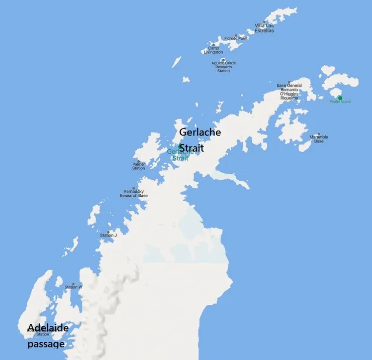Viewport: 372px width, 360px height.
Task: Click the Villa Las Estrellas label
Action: [x=264, y=28]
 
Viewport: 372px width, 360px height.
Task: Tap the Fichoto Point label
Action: [x=236, y=38]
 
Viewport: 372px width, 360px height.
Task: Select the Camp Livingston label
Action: [x=213, y=50]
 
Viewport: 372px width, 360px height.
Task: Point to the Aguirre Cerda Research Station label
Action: [x=224, y=67]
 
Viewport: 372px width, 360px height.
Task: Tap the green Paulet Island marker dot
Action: [x=340, y=97]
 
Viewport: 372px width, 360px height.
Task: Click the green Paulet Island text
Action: [x=340, y=102]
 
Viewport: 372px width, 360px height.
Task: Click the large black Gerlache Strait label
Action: [x=200, y=140]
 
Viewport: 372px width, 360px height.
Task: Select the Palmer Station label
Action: [x=139, y=166]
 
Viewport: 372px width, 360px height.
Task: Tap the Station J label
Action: [x=108, y=235]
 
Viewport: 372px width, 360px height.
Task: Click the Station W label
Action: [x=73, y=287]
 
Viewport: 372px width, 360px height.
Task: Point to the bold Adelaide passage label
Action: [x=47, y=336]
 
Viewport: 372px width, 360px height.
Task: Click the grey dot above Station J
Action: [x=108, y=231]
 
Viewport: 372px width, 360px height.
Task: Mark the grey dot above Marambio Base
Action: [x=318, y=134]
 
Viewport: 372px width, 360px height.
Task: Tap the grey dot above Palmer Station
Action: [x=139, y=161]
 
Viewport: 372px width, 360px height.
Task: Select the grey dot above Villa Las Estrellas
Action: [x=264, y=22]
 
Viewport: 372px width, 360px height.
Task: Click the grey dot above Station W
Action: [x=73, y=284]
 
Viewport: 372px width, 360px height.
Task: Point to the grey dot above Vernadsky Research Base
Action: [x=133, y=188]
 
